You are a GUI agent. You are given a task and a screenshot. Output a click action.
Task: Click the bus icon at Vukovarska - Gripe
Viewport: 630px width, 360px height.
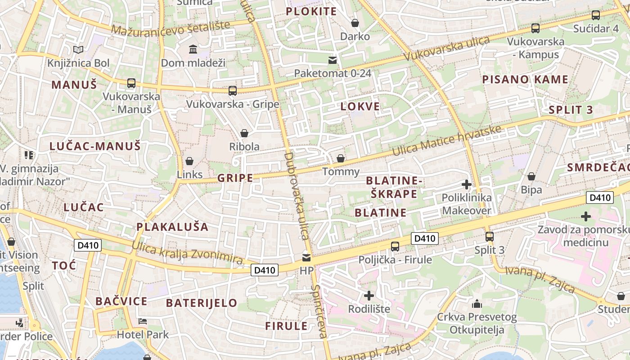tap(232, 90)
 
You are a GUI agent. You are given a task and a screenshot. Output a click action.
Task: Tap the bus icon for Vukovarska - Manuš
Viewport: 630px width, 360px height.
tap(131, 83)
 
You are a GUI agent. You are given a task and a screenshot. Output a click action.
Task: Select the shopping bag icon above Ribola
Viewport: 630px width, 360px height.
tap(244, 133)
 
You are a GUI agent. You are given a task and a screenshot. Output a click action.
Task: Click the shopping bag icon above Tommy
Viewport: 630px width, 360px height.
tap(341, 158)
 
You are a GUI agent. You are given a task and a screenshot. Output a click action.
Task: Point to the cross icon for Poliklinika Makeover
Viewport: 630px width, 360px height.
tap(467, 184)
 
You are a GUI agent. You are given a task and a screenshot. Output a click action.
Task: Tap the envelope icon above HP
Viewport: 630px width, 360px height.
tap(306, 257)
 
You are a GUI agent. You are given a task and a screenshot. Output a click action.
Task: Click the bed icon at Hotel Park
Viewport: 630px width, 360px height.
tap(143, 321)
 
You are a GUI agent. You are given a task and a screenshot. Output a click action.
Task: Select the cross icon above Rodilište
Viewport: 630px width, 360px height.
tap(369, 296)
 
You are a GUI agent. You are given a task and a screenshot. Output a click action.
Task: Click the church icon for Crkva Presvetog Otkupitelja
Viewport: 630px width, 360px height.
tap(477, 304)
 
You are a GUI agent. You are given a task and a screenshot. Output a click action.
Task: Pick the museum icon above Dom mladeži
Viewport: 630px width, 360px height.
tap(193, 49)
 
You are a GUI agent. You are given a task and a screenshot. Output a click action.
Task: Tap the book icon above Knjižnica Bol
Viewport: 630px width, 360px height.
tap(78, 49)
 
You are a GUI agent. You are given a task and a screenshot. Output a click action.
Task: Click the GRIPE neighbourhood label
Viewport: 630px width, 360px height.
tap(235, 178)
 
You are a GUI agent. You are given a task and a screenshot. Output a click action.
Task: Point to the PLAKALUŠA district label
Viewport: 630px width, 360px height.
tap(172, 227)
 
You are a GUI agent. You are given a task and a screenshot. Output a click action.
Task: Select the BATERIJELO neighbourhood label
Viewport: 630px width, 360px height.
tap(201, 303)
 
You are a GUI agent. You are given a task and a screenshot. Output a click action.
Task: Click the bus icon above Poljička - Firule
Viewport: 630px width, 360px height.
tap(395, 246)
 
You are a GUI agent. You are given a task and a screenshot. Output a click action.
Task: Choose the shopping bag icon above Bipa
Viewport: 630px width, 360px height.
tap(531, 176)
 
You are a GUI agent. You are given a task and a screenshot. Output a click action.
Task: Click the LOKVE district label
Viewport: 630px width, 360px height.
tap(360, 107)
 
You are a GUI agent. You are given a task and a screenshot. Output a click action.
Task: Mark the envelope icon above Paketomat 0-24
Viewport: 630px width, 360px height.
tap(333, 60)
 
